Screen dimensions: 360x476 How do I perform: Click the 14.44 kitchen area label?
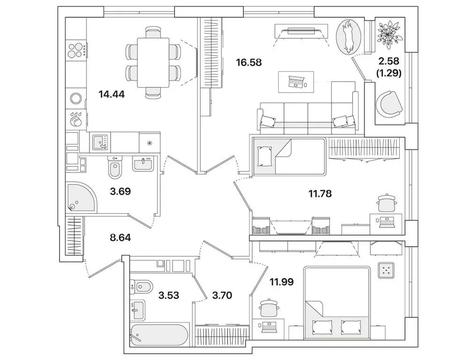click(x=111, y=94)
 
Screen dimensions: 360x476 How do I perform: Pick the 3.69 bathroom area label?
click(x=120, y=191)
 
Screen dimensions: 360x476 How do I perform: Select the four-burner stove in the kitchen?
click(x=76, y=49)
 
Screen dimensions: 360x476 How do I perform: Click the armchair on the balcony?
click(x=389, y=103)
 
